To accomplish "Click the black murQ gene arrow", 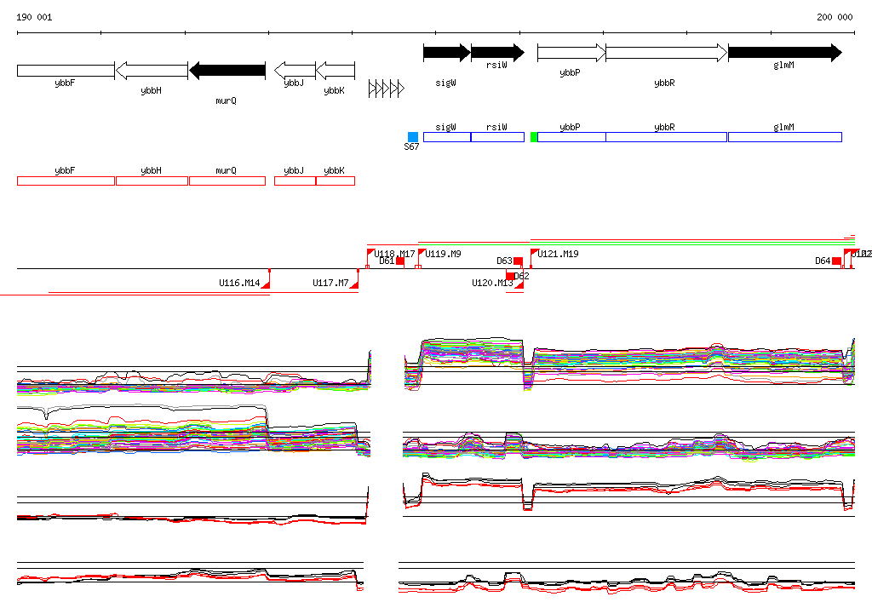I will point(227,70).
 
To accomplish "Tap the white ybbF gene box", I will point(66,70).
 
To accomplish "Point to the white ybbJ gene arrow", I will point(295,70).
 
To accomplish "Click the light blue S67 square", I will point(413,137).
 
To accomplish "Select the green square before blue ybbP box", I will point(534,137).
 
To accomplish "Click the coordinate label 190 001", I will point(34,17).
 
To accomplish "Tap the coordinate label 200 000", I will point(835,17).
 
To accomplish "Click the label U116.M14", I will point(239,283).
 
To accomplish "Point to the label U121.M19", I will point(558,254).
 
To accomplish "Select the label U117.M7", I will point(330,283).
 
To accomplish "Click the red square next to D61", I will point(400,261).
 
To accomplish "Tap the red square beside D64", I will point(836,261).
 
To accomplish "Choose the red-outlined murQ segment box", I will point(227,181).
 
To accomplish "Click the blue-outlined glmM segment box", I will point(784,137).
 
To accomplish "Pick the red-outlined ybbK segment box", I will point(335,181).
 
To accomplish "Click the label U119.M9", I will point(443,254).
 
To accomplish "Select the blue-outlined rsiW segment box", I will point(497,137).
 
